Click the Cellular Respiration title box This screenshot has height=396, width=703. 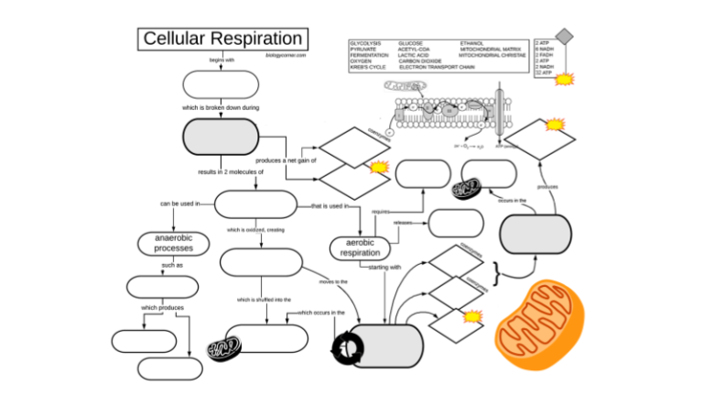pos(223,38)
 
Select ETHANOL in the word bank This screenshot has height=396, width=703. pos(472,43)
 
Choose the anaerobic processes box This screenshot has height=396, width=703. pos(173,243)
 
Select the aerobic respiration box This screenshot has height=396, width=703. pos(359,247)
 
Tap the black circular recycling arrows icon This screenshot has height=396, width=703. pos(347,347)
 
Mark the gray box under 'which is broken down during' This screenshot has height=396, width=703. pos(222,137)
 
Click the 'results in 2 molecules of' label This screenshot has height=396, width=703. pos(230,171)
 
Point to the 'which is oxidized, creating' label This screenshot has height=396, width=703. pos(255,230)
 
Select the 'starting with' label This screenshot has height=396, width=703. pos(384,268)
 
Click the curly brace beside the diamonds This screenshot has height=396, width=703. pos(495,272)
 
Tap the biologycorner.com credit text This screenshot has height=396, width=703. pos(286,55)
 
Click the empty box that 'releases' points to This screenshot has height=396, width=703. pos(456,223)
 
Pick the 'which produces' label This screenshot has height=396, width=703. pos(163,307)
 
